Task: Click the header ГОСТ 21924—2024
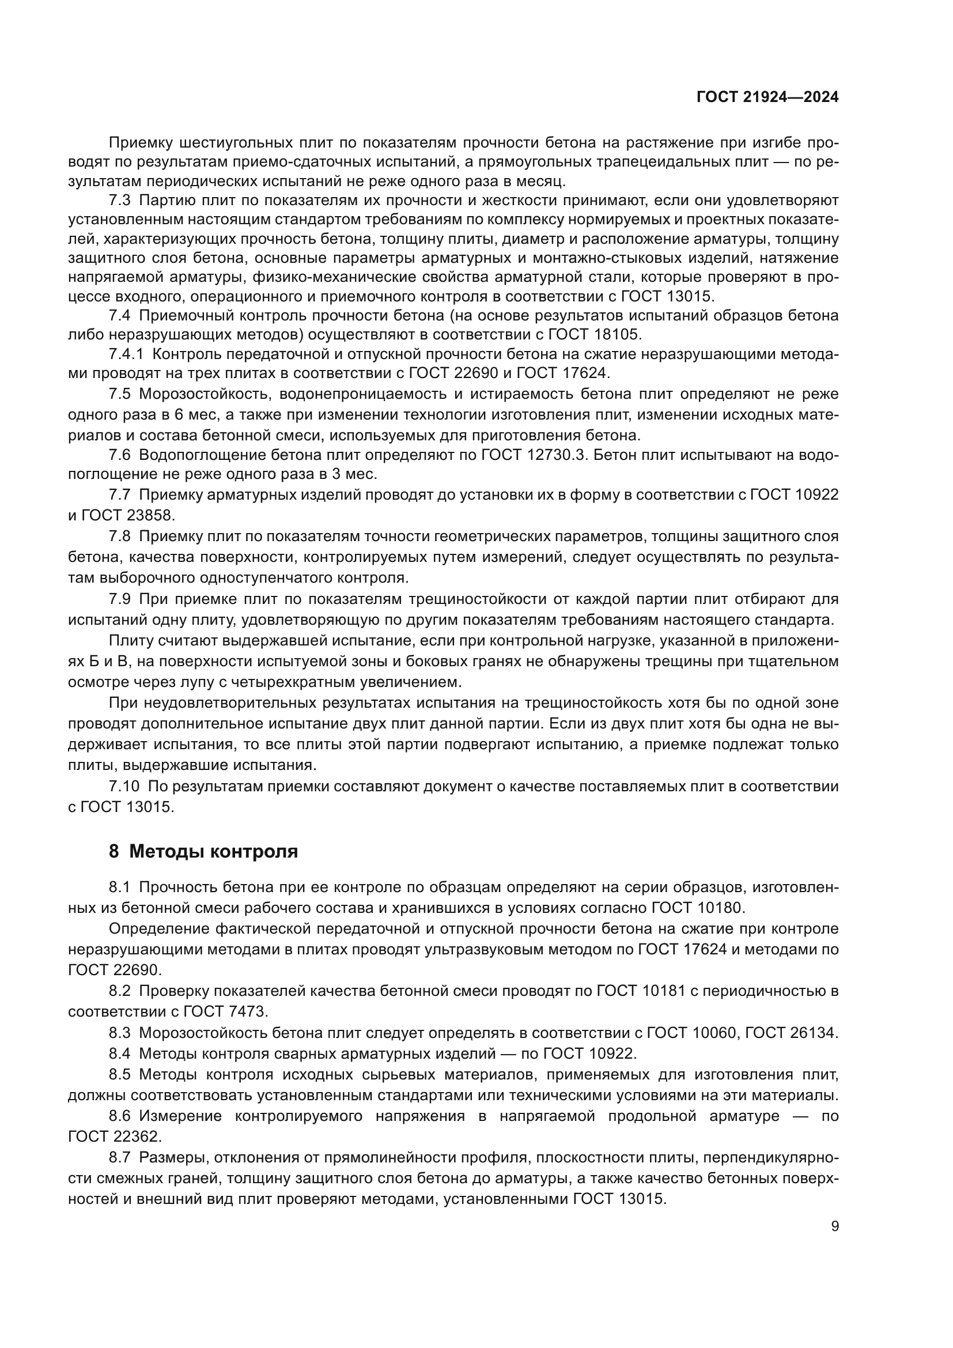(767, 97)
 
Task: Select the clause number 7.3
(119, 201)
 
